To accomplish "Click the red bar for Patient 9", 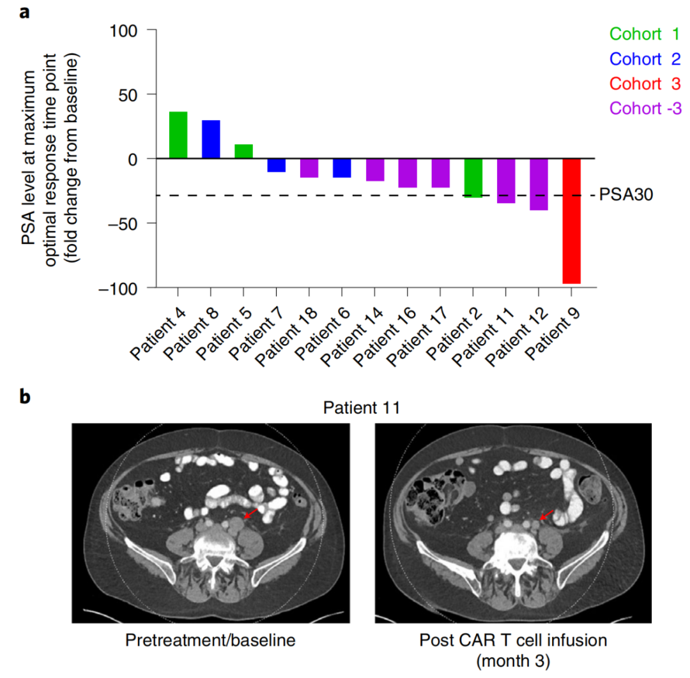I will [x=571, y=220].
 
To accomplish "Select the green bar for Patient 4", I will [x=178, y=135].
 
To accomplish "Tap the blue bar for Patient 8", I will [x=211, y=139].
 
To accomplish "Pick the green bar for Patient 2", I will [x=473, y=178].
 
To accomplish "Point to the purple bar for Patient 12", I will [x=539, y=185].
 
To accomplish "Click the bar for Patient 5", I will [x=243, y=151].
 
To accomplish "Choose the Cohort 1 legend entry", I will [x=646, y=33].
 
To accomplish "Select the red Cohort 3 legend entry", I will [x=646, y=84].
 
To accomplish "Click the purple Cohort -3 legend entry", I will [x=646, y=109].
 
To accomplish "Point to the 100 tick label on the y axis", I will [x=129, y=30].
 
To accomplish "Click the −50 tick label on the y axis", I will [x=126, y=223].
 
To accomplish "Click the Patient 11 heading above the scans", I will [x=360, y=407].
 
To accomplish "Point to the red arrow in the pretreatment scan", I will [x=250, y=513].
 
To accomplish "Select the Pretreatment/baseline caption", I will [x=210, y=640].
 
